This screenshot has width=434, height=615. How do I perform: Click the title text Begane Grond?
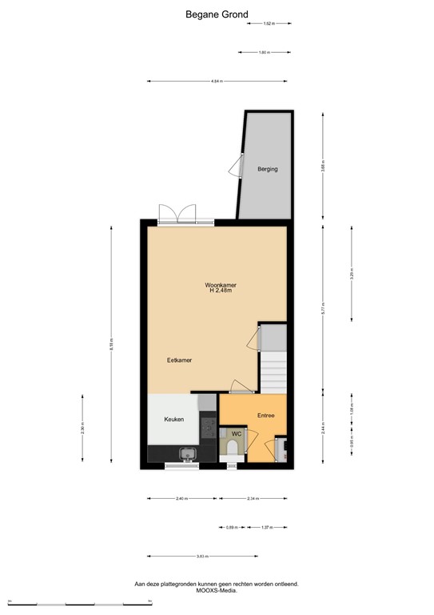click(217, 14)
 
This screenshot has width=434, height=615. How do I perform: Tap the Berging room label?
click(268, 169)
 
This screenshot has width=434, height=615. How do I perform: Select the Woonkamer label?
click(220, 285)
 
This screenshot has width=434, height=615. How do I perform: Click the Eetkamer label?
click(179, 360)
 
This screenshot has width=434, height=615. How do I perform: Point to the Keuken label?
click(174, 419)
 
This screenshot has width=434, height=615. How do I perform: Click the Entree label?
click(266, 415)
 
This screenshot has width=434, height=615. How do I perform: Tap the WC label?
click(237, 434)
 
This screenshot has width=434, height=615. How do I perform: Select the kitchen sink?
click(189, 456)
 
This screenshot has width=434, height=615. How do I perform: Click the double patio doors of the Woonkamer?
click(177, 214)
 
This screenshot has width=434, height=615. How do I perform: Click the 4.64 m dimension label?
click(216, 81)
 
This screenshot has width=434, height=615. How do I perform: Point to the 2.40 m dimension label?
click(181, 499)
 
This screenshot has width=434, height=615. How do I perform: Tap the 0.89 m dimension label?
click(231, 528)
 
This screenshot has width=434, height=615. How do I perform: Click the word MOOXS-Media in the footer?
click(217, 591)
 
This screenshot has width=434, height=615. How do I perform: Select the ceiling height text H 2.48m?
click(220, 291)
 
